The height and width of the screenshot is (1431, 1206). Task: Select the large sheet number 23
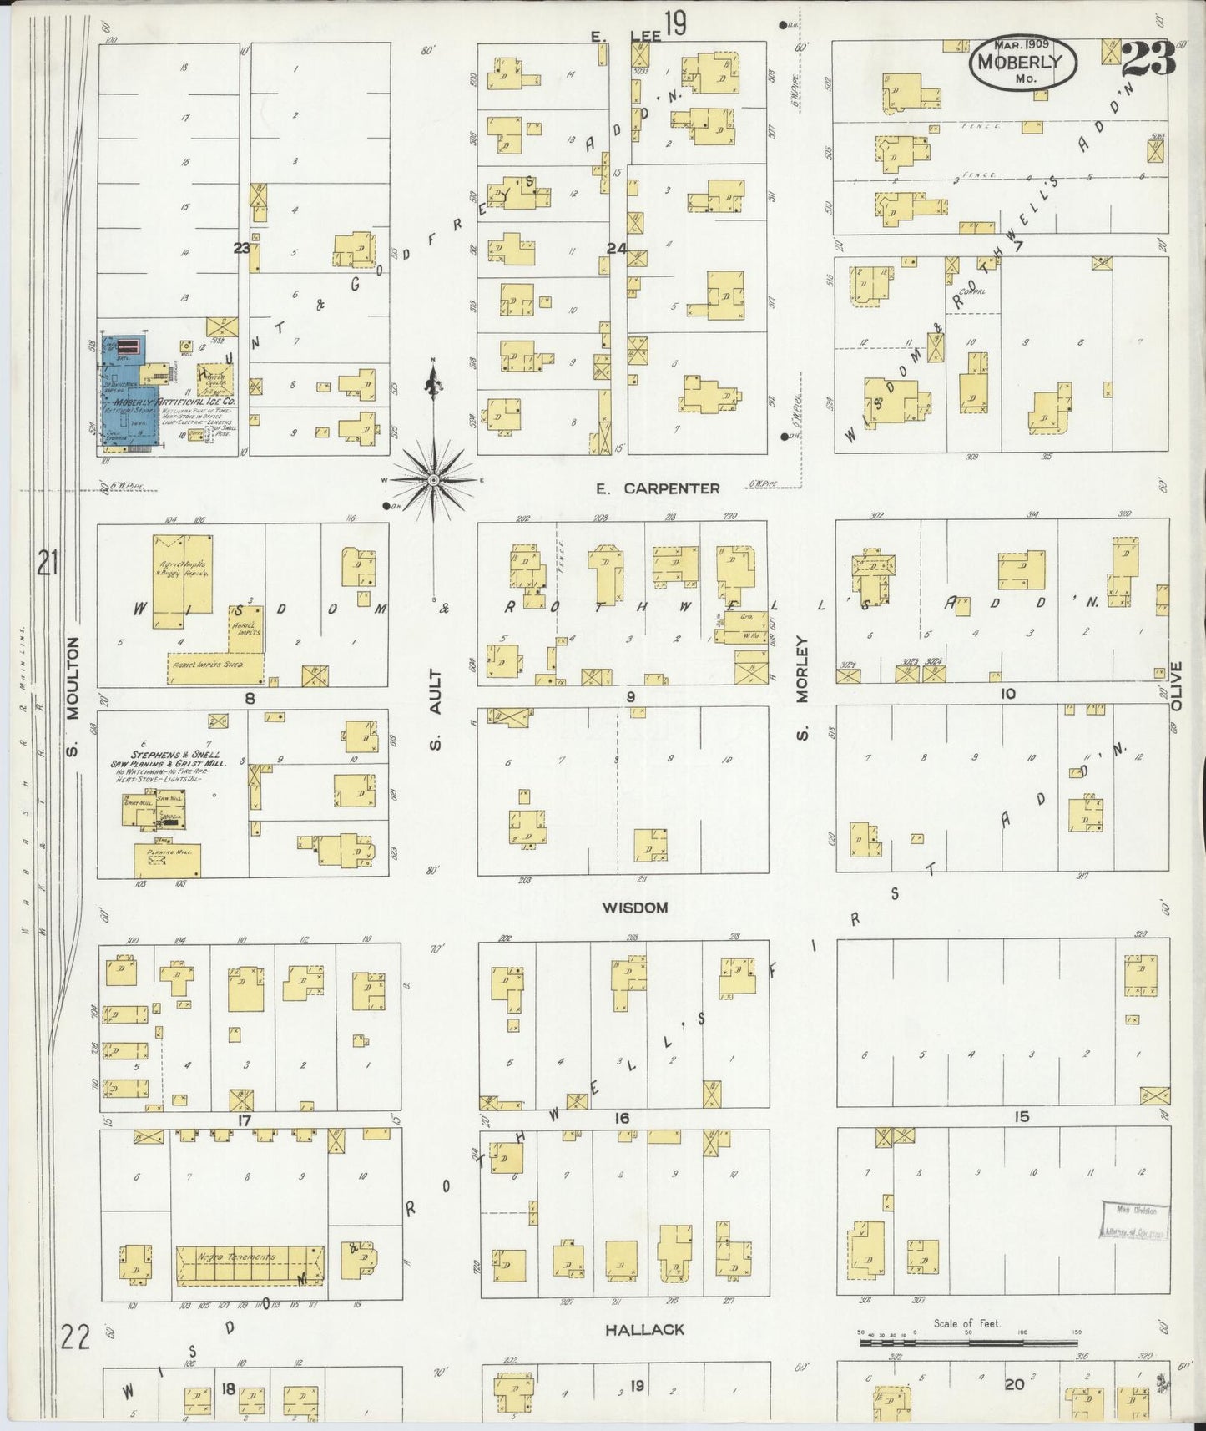(x=1149, y=59)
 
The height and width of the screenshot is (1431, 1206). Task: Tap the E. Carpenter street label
(x=658, y=488)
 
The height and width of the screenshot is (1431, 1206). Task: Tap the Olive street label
(x=1177, y=686)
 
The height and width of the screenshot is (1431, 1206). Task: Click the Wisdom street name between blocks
(x=634, y=908)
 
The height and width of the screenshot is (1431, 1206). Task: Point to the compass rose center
(x=434, y=482)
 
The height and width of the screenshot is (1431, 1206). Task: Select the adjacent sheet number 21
(x=47, y=566)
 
